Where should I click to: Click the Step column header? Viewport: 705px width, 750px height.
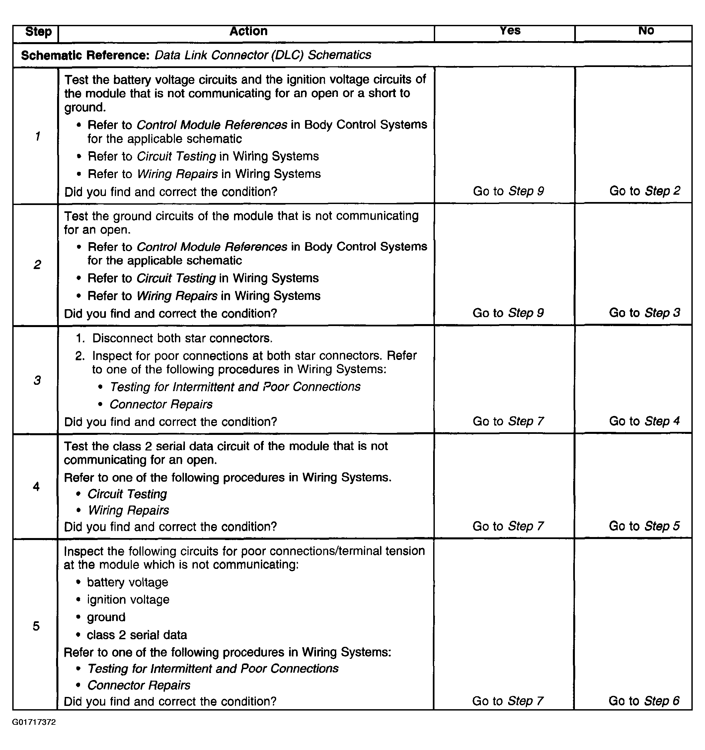click(38, 32)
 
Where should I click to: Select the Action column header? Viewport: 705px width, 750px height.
click(248, 31)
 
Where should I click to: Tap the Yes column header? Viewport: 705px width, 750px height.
click(510, 31)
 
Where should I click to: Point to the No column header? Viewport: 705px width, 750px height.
click(646, 31)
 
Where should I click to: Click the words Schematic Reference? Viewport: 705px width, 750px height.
click(85, 55)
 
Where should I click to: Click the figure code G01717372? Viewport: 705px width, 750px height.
click(34, 722)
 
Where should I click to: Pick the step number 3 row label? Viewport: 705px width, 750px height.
click(37, 380)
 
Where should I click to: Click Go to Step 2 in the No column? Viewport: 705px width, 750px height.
click(645, 191)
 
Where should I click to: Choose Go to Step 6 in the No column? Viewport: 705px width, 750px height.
click(644, 701)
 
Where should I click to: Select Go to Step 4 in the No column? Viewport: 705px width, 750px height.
click(645, 421)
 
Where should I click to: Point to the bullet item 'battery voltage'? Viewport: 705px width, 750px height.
click(127, 582)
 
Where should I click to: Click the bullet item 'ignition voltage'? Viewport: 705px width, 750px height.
click(128, 599)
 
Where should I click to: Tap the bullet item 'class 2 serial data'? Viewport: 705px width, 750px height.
click(137, 635)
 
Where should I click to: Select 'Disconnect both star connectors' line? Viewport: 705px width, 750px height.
click(182, 338)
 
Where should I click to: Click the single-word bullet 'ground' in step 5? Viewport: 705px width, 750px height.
click(106, 617)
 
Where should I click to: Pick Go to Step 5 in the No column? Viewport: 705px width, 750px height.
click(644, 526)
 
